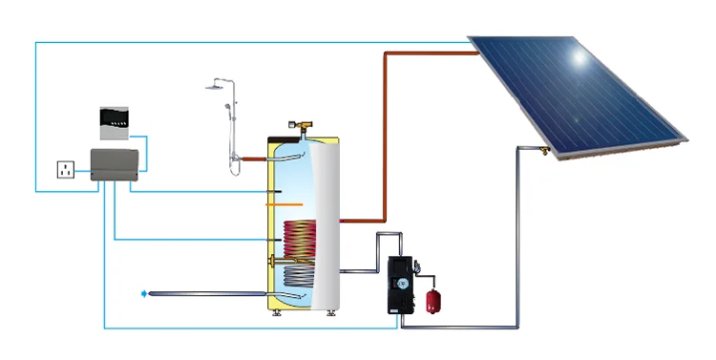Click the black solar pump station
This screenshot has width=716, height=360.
click(401, 284)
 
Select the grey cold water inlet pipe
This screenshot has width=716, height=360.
click(205, 294)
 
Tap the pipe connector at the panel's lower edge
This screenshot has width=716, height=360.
click(544, 151)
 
